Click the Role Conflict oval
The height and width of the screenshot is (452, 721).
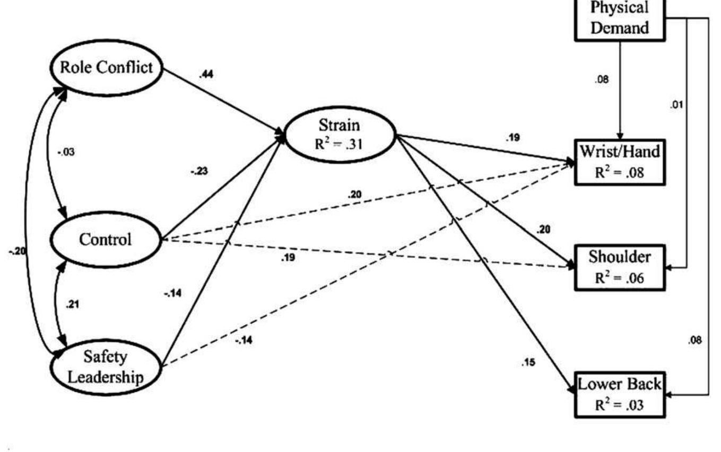pyautogui.click(x=106, y=68)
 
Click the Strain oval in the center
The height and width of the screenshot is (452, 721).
pyautogui.click(x=340, y=134)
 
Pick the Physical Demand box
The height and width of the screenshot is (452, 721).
pyautogui.click(x=619, y=18)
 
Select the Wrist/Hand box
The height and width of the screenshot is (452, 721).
pyautogui.click(x=619, y=162)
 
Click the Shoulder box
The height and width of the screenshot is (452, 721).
pyautogui.click(x=619, y=267)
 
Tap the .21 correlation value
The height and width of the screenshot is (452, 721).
pyautogui.click(x=71, y=305)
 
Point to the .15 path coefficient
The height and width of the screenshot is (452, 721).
pyautogui.click(x=528, y=363)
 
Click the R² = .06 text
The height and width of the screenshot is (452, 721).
pyautogui.click(x=619, y=277)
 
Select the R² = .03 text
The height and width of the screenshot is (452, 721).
pyautogui.click(x=619, y=405)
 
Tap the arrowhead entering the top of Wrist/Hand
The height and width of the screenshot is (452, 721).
pyautogui.click(x=620, y=137)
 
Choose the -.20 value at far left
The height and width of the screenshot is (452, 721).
pyautogui.click(x=16, y=251)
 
